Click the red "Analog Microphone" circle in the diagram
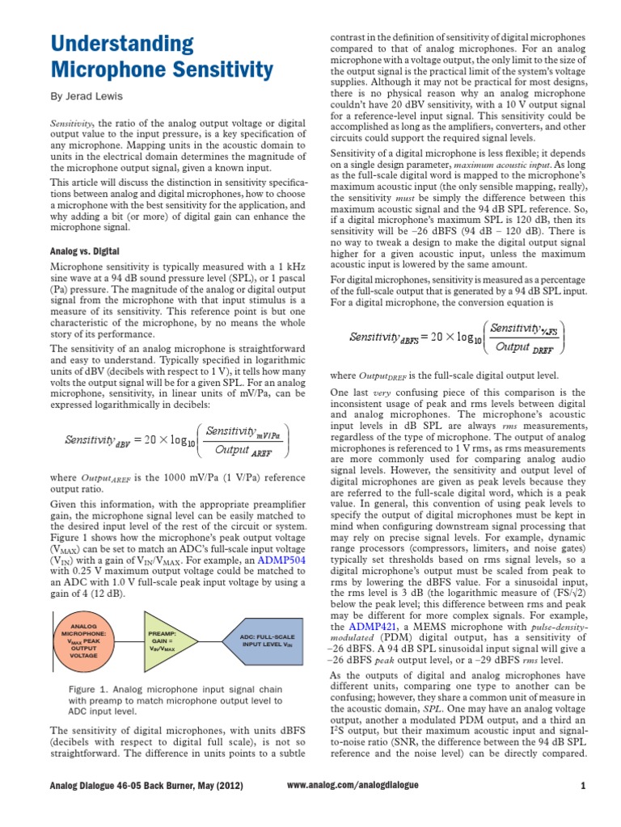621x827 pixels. tap(84, 640)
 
